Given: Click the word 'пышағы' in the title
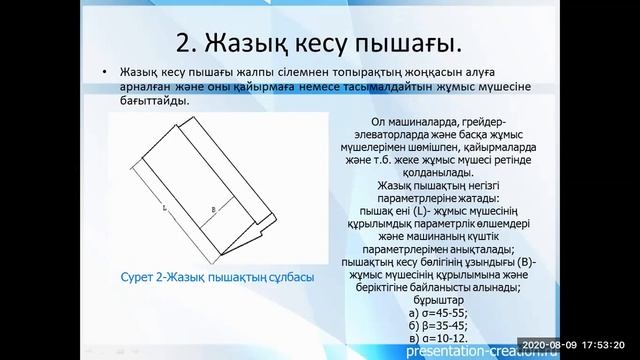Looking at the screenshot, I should [x=402, y=43].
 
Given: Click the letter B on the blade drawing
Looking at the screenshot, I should [x=214, y=209].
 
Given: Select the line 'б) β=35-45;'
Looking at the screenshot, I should [x=436, y=322].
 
